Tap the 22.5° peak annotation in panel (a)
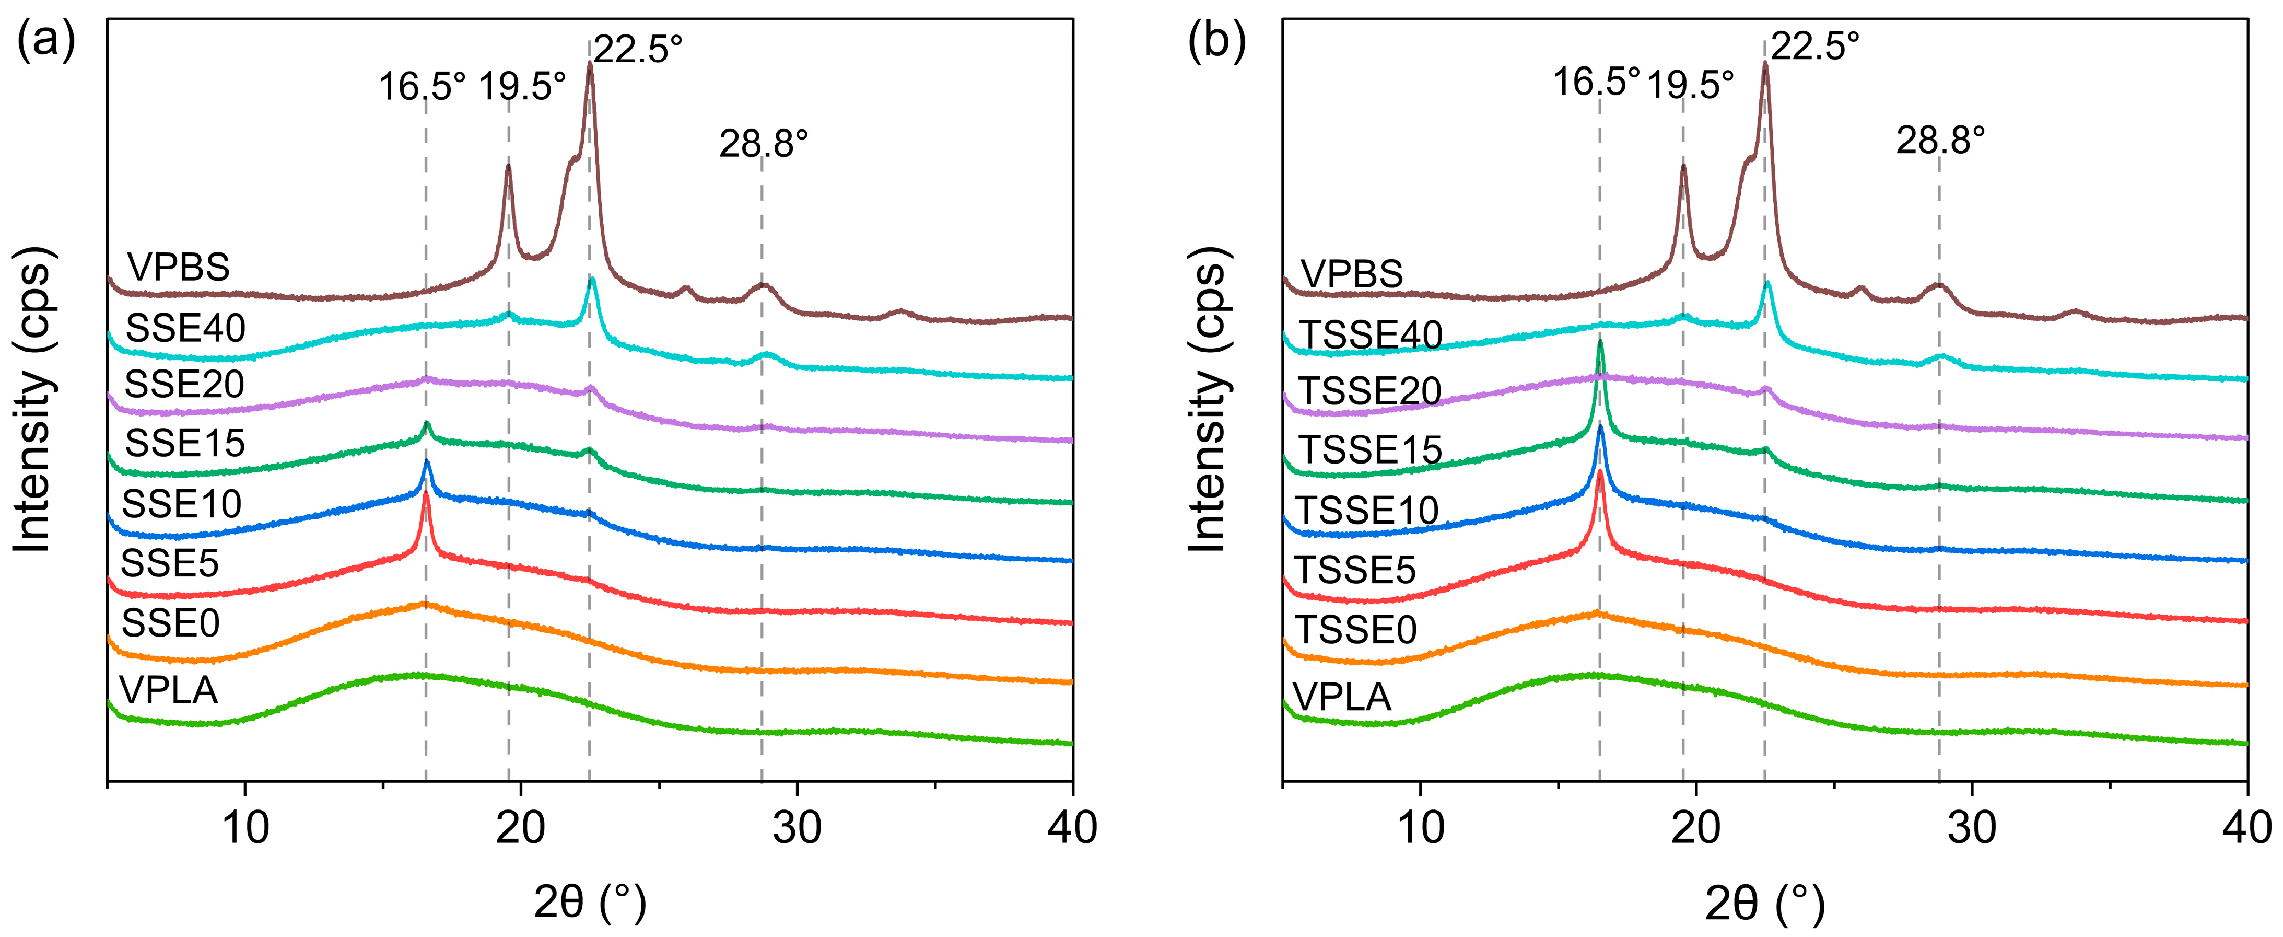pos(638,49)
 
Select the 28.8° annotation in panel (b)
pos(1940,140)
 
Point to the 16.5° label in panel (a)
pos(422,87)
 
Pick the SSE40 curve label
pos(185,328)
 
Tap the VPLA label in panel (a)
pos(168,690)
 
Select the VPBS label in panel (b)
pos(1352,274)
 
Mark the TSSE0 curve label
pos(1356,629)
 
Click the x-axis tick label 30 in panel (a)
pos(797,827)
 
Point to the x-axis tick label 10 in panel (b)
pos(1421,827)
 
